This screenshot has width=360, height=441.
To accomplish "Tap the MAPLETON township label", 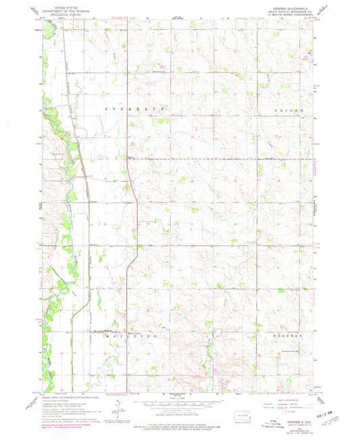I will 136,334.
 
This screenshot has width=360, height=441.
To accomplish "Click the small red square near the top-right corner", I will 311,52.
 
